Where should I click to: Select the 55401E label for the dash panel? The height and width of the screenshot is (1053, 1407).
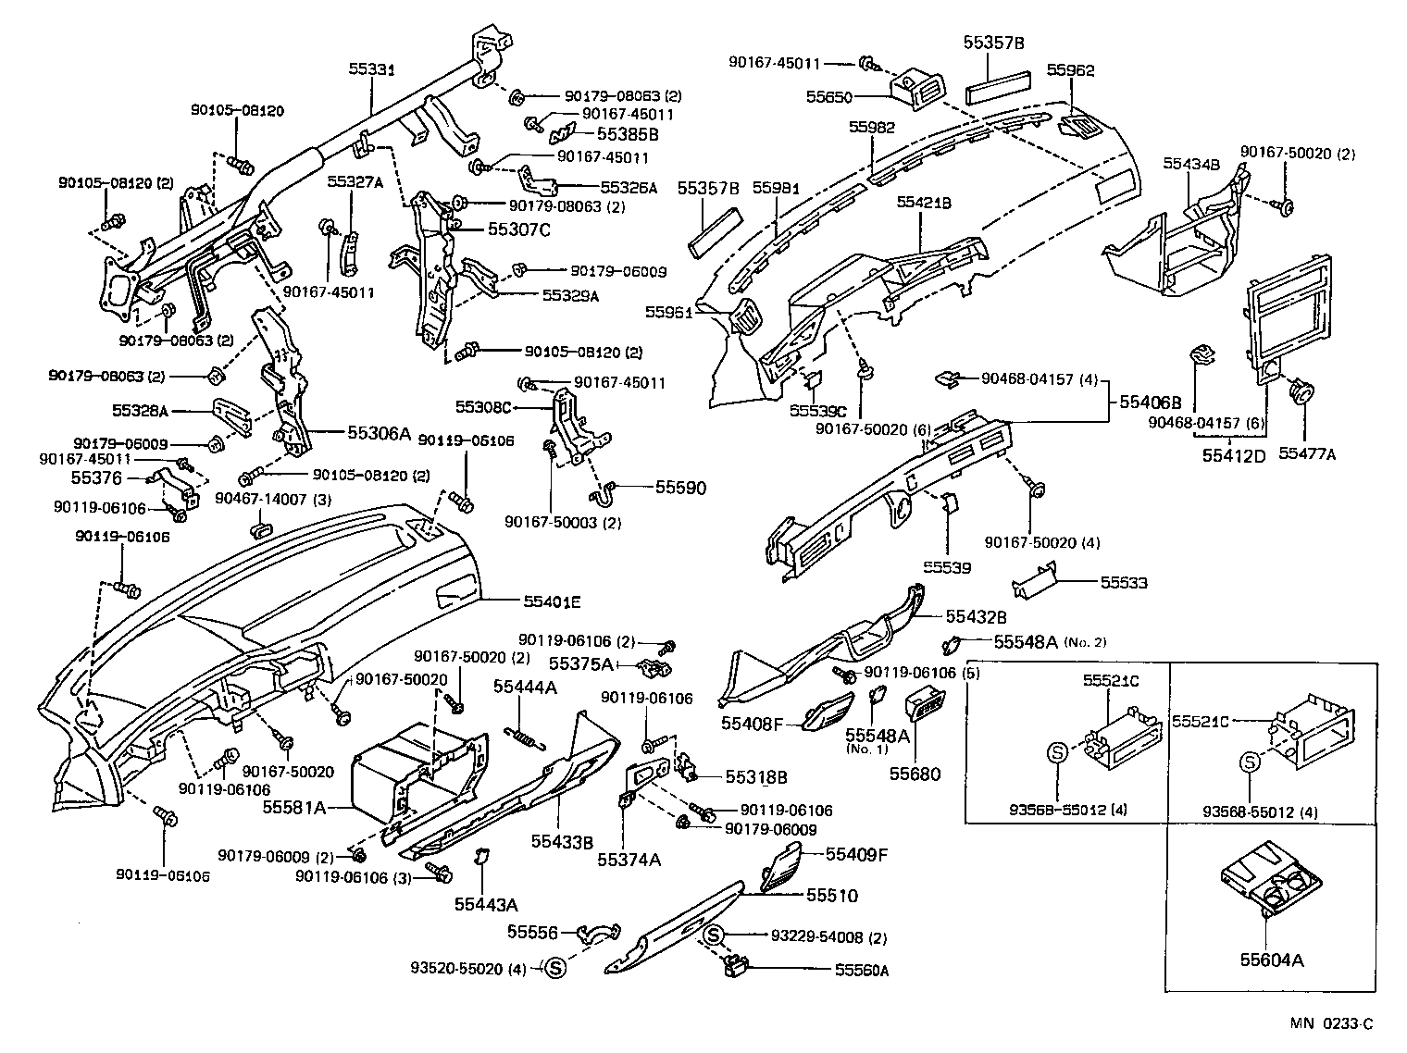pyautogui.click(x=552, y=601)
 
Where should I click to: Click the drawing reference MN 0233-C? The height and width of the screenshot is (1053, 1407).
pyautogui.click(x=1332, y=1023)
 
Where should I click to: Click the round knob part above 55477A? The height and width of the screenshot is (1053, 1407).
pyautogui.click(x=1302, y=393)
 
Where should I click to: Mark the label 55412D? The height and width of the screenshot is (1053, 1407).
pyautogui.click(x=1234, y=454)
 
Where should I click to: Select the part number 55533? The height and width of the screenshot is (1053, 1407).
pyautogui.click(x=1123, y=583)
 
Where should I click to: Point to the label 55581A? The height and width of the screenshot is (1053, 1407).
pyautogui.click(x=293, y=807)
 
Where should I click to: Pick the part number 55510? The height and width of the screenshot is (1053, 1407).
pyautogui.click(x=831, y=896)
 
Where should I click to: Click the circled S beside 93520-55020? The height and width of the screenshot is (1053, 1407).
pyautogui.click(x=554, y=969)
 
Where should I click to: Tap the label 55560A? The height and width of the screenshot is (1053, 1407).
pyautogui.click(x=861, y=970)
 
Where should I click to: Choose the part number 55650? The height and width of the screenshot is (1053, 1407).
pyautogui.click(x=829, y=96)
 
